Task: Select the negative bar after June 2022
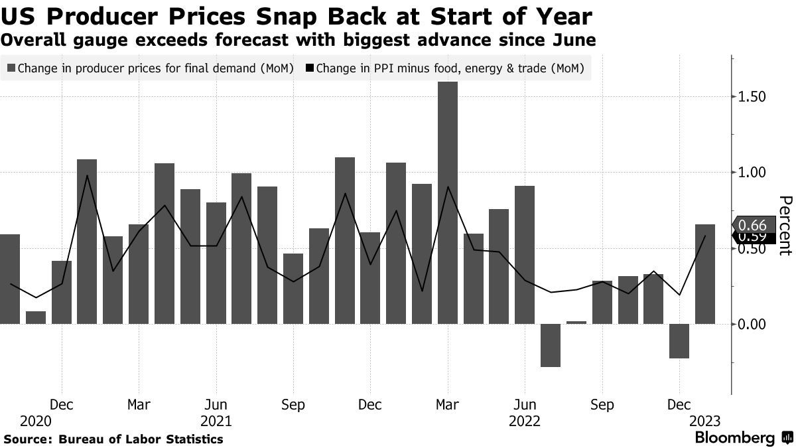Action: (x=550, y=345)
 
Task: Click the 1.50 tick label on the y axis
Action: (x=752, y=97)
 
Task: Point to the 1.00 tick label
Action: (x=752, y=173)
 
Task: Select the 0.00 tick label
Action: (x=752, y=324)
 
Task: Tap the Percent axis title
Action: (x=785, y=226)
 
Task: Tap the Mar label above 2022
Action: (x=448, y=404)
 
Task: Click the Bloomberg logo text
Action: (x=734, y=438)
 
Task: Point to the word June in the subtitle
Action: (x=572, y=40)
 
